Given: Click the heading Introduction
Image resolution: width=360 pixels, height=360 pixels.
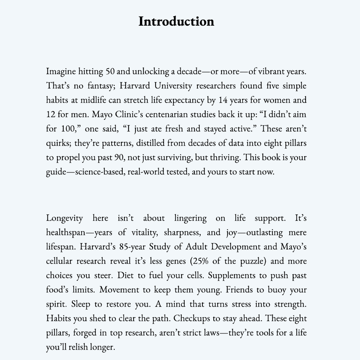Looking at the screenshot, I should pos(176,21).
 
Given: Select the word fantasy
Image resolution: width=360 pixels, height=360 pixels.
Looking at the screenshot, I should pos(99,86).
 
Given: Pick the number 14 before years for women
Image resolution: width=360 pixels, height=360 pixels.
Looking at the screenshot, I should pos(223,100).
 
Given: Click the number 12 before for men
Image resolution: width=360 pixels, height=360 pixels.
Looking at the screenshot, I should pos(51,114).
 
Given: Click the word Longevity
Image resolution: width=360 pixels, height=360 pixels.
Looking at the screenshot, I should pos(64,218).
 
